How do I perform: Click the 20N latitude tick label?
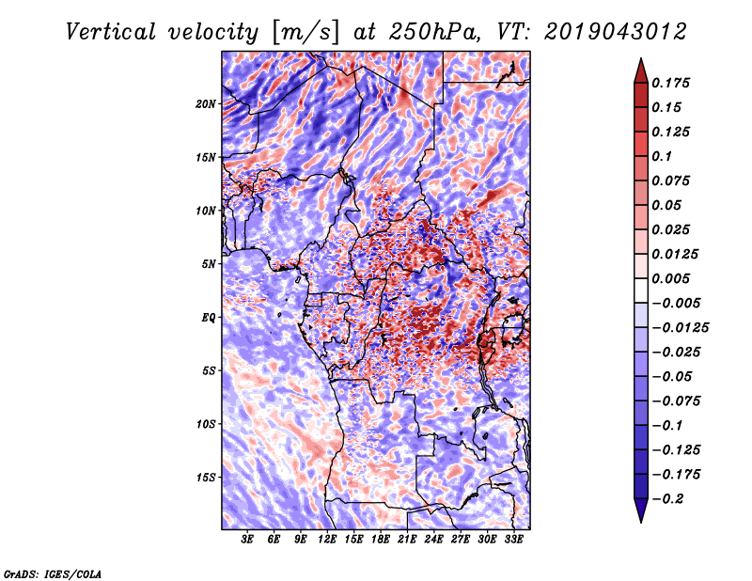click(205, 104)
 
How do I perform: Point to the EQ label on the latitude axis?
click(208, 318)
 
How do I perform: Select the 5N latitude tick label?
click(209, 264)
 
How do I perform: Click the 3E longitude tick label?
click(247, 540)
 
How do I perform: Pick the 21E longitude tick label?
click(407, 540)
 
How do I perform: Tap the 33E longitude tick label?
click(513, 540)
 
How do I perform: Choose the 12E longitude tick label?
click(326, 540)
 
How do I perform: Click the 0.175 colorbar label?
click(670, 83)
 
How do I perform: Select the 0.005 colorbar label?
click(670, 278)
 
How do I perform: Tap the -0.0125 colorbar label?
click(680, 328)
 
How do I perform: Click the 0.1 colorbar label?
click(662, 156)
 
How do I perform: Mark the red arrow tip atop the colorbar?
click(641, 58)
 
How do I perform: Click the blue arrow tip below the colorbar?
click(641, 522)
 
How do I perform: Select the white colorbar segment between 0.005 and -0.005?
click(641, 290)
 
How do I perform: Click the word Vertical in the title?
click(111, 32)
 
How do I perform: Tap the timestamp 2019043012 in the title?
click(616, 32)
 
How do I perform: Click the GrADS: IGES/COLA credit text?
click(53, 573)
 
